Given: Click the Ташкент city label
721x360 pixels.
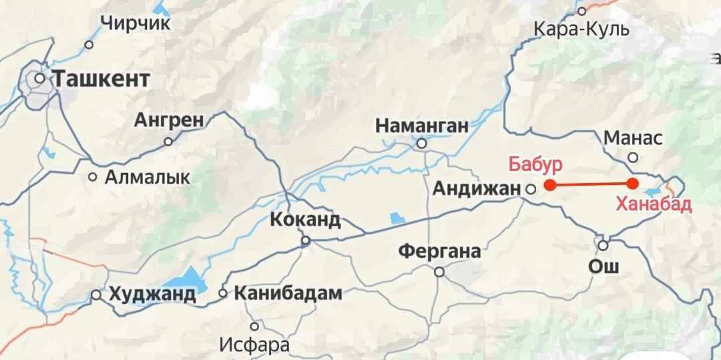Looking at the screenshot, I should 101,79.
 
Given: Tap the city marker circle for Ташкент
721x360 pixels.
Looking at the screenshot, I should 40,78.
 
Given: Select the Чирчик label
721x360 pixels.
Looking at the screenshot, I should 136,23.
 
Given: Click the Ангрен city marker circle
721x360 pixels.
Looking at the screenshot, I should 168,142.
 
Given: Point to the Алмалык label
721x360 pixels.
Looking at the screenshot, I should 148,178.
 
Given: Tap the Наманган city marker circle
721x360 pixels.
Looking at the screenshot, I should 422,144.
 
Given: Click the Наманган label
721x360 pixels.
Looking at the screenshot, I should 422,126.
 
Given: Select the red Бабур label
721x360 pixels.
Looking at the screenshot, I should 535,164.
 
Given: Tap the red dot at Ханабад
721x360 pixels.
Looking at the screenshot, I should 633,184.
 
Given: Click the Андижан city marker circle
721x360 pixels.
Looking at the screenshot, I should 531,189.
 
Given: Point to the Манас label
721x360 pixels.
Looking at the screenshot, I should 633,138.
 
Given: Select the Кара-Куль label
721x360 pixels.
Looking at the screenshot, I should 581,29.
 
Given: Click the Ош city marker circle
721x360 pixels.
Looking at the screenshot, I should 603,245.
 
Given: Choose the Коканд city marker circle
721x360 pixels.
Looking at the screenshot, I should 306,240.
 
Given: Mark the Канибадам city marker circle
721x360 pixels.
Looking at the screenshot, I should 224,293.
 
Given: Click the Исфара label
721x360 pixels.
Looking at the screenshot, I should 254,345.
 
